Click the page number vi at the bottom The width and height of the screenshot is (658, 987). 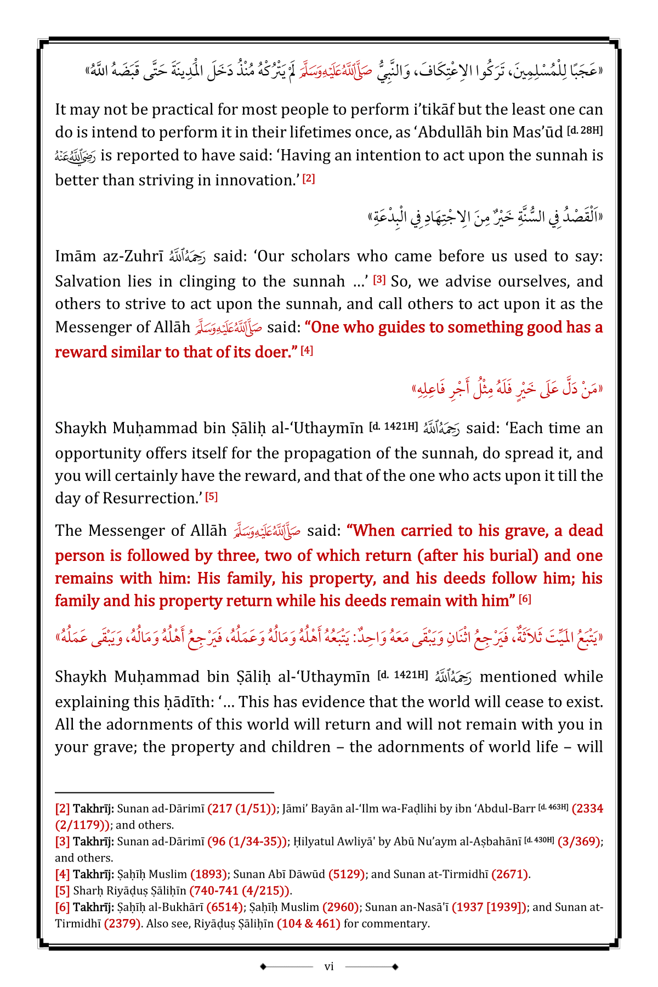(329, 966)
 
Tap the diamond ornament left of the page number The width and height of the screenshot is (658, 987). (263, 966)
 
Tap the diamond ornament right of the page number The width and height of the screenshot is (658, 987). (395, 966)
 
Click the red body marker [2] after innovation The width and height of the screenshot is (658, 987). (309, 178)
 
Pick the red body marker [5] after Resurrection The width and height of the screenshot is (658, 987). (212, 497)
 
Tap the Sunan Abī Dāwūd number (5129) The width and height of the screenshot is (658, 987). (347, 874)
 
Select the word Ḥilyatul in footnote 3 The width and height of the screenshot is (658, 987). (312, 841)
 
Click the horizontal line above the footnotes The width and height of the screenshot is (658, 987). (164, 792)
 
